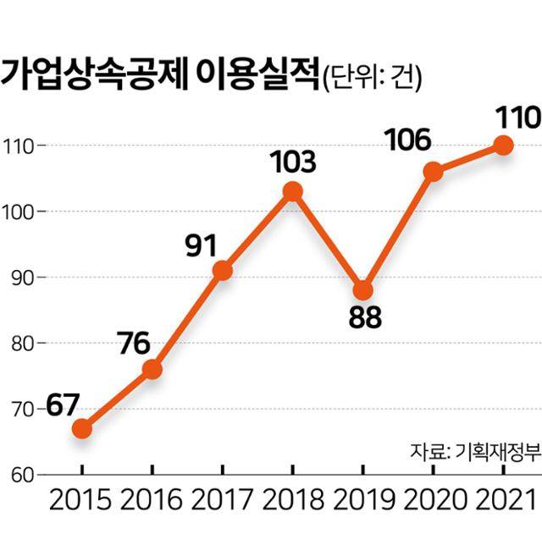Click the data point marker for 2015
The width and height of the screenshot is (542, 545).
(x=81, y=428)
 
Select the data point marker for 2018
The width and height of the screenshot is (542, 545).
(x=292, y=191)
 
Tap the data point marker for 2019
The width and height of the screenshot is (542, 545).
(x=362, y=290)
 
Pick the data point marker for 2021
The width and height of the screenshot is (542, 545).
(x=503, y=145)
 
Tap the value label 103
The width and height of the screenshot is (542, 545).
(x=292, y=161)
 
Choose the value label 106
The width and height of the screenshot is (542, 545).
(x=407, y=139)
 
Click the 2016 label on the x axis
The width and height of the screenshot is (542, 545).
(x=152, y=499)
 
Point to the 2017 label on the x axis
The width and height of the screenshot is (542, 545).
(x=222, y=499)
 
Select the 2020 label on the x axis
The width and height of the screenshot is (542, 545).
(x=433, y=499)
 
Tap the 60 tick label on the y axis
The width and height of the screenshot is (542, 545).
(x=19, y=475)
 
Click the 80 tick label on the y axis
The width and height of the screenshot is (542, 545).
(x=19, y=344)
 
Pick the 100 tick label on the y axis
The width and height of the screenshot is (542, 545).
(x=17, y=212)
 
